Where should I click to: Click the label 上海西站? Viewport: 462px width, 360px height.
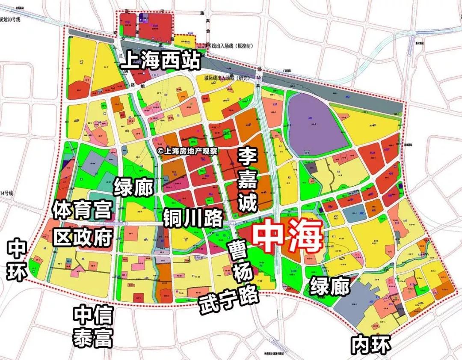tap(160, 61)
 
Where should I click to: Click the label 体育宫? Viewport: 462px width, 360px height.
tap(82, 210)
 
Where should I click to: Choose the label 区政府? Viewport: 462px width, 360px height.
tap(83, 236)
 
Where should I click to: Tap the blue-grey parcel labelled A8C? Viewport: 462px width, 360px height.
tap(355, 214)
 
